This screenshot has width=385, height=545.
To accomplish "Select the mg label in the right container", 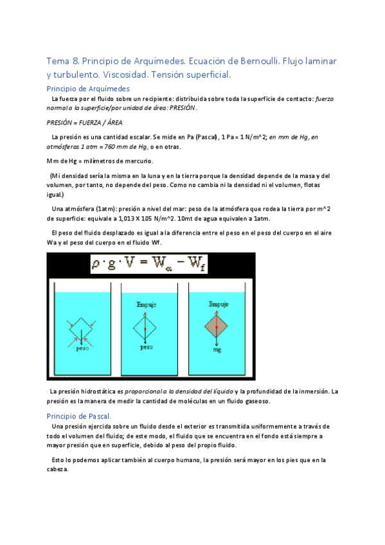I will pos(218,352).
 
